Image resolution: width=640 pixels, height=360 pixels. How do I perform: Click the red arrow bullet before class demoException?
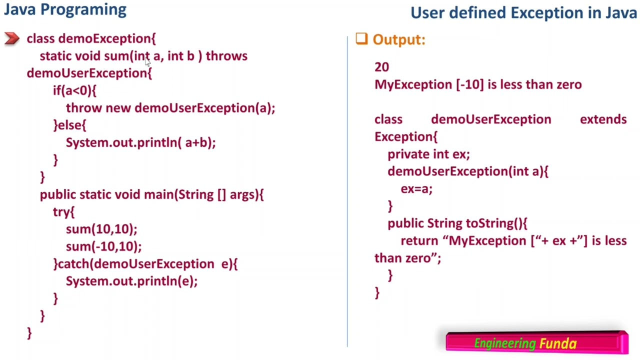click(x=11, y=38)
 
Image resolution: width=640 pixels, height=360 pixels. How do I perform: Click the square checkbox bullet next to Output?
click(x=361, y=39)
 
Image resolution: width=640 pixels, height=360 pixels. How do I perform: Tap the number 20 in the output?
click(x=381, y=67)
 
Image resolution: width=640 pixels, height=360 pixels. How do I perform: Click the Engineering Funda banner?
click(x=536, y=343)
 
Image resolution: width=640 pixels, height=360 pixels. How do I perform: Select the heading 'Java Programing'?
click(x=65, y=9)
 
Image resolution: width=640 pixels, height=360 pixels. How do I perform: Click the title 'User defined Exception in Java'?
click(x=523, y=13)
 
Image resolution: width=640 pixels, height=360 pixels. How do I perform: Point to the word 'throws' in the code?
click(x=226, y=56)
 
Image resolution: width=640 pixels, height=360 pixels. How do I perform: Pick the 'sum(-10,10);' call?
click(x=103, y=246)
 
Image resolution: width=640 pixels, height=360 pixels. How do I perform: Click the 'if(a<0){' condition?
click(x=74, y=90)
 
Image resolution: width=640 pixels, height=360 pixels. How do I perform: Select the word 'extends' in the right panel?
click(x=603, y=119)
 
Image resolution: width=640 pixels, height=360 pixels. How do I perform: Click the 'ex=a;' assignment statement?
click(x=416, y=189)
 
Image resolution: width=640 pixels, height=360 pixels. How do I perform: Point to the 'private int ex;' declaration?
click(x=428, y=154)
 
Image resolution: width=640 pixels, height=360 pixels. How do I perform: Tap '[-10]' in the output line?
click(x=469, y=84)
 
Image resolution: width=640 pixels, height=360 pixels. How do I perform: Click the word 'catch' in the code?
click(x=74, y=264)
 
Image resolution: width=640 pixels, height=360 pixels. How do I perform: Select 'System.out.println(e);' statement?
click(x=131, y=281)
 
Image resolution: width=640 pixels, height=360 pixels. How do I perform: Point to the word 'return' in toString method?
click(x=419, y=241)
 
